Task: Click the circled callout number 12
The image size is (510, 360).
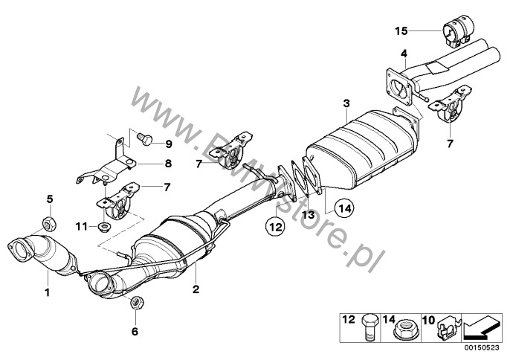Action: tap(276, 226)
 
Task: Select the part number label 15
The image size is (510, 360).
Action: tap(401, 31)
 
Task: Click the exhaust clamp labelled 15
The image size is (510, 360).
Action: tap(457, 33)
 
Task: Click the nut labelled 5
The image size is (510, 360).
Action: tap(49, 223)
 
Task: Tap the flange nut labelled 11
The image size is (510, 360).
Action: tap(104, 225)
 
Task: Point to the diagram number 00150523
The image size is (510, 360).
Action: tap(482, 347)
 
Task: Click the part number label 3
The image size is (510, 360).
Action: tap(346, 104)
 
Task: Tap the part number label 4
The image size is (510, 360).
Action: tap(404, 53)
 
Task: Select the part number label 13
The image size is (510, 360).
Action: tap(308, 214)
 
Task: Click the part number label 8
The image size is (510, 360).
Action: tap(168, 163)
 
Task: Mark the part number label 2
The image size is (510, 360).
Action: tap(196, 289)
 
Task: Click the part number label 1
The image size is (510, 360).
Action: tap(48, 292)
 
